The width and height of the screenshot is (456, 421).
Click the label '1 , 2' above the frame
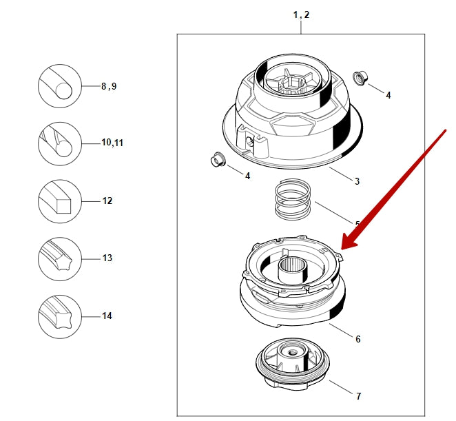pyautogui.click(x=301, y=14)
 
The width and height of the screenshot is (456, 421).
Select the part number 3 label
pyautogui.click(x=357, y=181)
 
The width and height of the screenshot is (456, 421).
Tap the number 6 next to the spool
pyautogui.click(x=357, y=339)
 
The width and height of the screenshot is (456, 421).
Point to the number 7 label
pyautogui.click(x=357, y=396)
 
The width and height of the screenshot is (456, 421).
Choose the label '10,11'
pyautogui.click(x=112, y=143)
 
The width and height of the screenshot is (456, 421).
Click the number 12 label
pyautogui.click(x=107, y=201)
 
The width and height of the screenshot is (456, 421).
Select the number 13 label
pyautogui.click(x=107, y=258)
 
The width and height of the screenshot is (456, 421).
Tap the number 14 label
pyautogui.click(x=107, y=316)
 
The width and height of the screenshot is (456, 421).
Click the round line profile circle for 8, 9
pyautogui.click(x=60, y=86)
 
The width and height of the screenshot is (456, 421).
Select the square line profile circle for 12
pyautogui.click(x=60, y=201)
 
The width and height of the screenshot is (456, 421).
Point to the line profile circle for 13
pyautogui.click(x=60, y=258)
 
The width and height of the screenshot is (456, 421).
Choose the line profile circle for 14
pyautogui.click(x=60, y=316)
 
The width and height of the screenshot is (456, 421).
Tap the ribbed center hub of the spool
pyautogui.click(x=291, y=265)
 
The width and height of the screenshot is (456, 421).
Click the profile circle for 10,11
pyautogui.click(x=60, y=143)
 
